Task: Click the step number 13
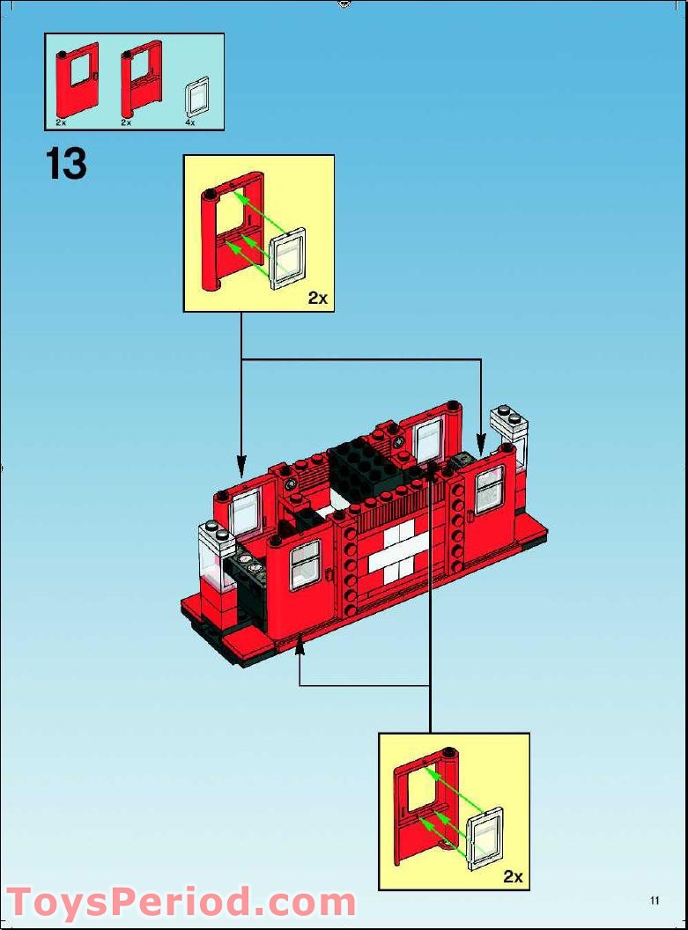click(x=66, y=164)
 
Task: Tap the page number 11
click(x=655, y=900)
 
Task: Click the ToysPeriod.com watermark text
click(x=181, y=904)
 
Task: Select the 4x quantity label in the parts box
click(x=190, y=123)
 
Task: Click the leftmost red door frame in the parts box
click(x=78, y=84)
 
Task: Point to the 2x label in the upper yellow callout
click(x=317, y=299)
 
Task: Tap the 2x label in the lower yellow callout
click(x=513, y=876)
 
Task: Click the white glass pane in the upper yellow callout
click(x=287, y=259)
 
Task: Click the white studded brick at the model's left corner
click(x=212, y=534)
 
